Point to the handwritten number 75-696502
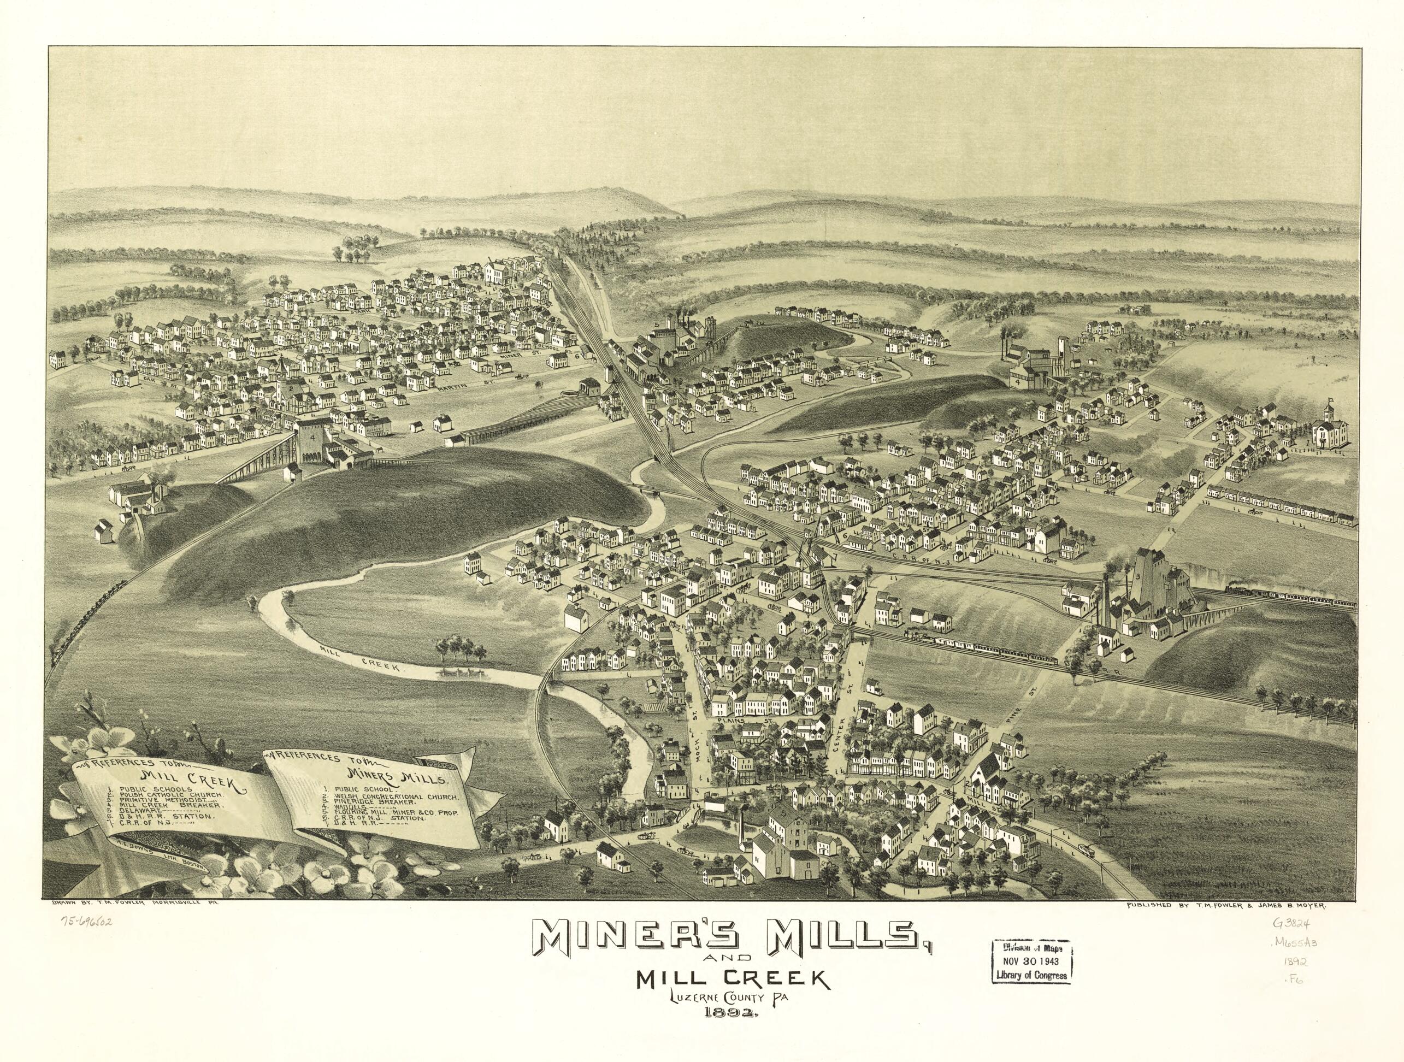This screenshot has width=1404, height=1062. click(86, 921)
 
